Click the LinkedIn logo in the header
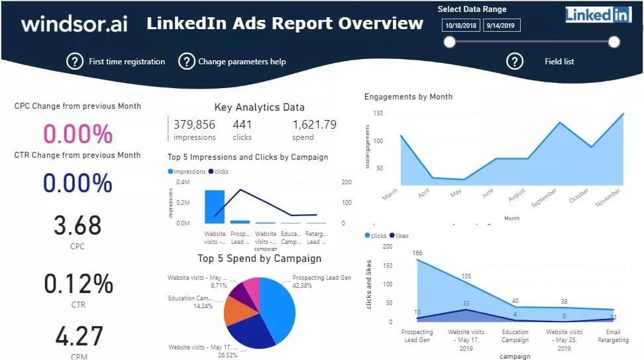coord(598,15)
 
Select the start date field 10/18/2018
coord(460,26)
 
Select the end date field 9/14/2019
coord(502,26)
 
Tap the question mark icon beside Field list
coord(515,62)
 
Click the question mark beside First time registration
coord(75,62)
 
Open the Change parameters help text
coord(242,62)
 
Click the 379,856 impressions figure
coord(194,125)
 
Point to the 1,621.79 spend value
coord(314,125)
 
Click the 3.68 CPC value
coord(78,226)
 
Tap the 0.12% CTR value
coord(78,284)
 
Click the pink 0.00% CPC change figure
coord(78,135)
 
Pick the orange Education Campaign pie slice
coord(236,311)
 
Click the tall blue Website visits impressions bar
coord(215,207)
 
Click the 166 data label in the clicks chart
coord(417,253)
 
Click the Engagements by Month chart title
coord(408,97)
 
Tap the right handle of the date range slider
coord(614,42)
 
